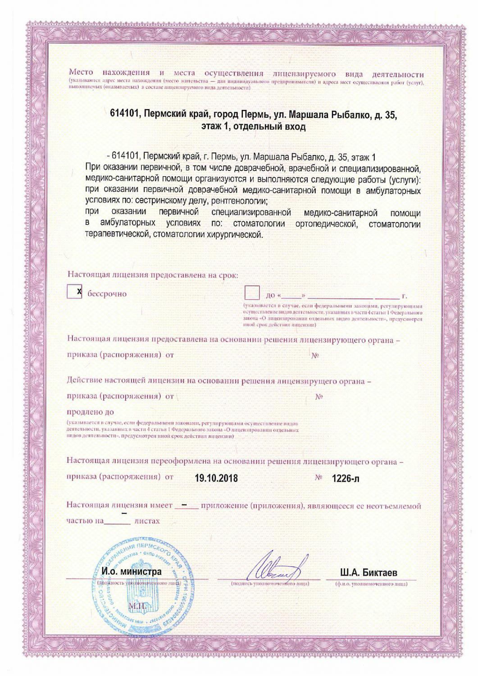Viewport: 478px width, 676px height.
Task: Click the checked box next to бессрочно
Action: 74,292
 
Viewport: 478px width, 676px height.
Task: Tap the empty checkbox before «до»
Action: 252,293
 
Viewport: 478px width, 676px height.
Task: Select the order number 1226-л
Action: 346,478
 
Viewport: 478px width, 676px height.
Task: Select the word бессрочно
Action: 107,294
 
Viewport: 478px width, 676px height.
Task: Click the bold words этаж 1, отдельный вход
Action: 254,127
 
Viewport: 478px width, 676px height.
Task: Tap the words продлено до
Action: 90,411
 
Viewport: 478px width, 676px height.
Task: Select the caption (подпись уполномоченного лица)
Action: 269,584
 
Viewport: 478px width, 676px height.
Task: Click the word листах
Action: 147,521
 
